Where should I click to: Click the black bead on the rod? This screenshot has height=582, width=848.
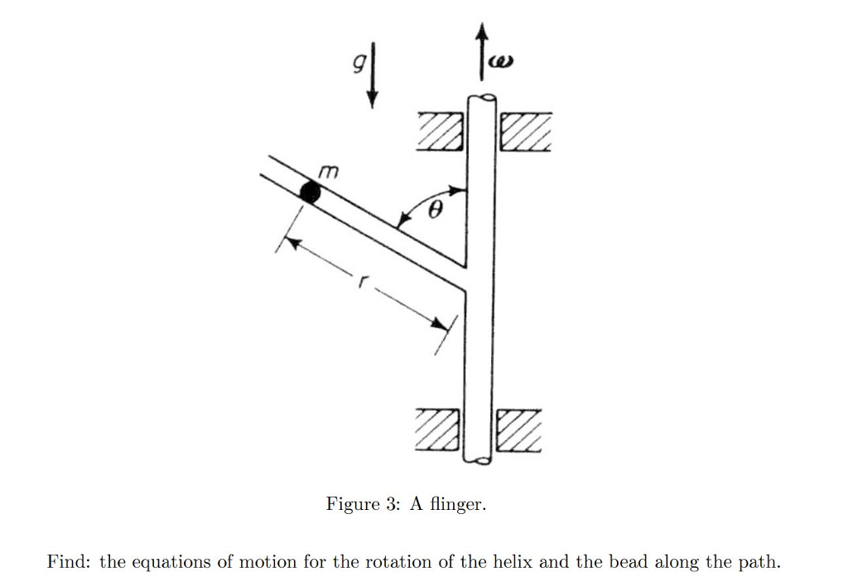310,193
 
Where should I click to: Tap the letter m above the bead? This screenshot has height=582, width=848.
329,172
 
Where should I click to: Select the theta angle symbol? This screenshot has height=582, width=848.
434,212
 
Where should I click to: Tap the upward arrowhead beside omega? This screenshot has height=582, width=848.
481,34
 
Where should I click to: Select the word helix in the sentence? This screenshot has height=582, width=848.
513,562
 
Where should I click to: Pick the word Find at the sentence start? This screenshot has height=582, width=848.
67,562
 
